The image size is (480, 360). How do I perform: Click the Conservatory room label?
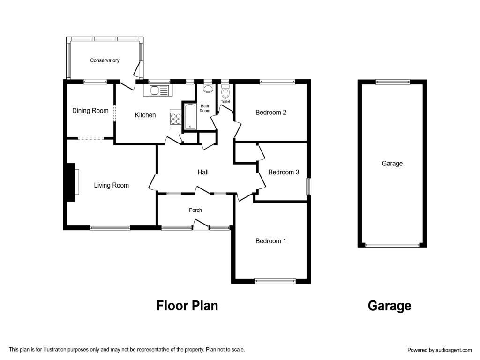(105, 60)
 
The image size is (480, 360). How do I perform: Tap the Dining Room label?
(90, 111)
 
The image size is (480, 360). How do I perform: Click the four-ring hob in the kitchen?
(176, 119)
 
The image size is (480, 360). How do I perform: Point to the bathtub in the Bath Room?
(190, 117)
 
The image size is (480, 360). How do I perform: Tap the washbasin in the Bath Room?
(208, 89)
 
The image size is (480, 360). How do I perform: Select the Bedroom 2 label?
(271, 112)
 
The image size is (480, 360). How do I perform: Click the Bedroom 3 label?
(284, 172)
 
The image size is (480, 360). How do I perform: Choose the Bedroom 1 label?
(271, 241)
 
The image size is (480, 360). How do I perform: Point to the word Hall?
(203, 172)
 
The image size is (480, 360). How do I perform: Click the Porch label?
(195, 210)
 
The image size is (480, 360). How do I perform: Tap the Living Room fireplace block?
(71, 182)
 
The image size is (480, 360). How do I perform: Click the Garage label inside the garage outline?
(392, 164)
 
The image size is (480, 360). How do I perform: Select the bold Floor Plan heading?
(187, 306)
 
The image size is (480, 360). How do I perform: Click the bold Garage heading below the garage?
(390, 306)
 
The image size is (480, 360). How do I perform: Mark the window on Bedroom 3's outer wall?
(309, 187)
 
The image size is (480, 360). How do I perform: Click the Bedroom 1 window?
(275, 281)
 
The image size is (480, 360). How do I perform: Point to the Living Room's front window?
(110, 228)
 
